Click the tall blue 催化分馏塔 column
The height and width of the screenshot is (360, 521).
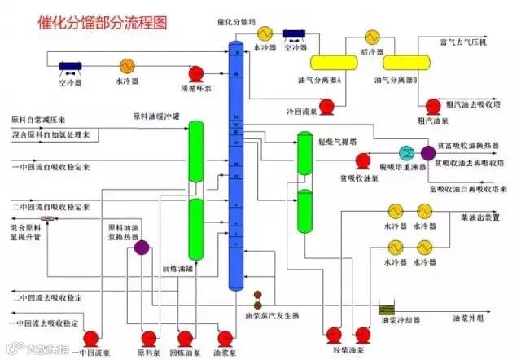(x=236, y=163)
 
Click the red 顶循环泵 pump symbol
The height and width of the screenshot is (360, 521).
(x=195, y=74)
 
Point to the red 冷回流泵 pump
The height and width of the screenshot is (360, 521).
(x=326, y=106)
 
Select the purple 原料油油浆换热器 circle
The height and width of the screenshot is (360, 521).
(x=142, y=247)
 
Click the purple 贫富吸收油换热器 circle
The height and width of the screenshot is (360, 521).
(x=428, y=153)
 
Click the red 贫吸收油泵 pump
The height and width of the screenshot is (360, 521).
(x=364, y=160)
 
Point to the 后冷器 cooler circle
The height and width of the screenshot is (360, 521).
(x=372, y=37)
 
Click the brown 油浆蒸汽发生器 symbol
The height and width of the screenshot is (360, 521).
(x=258, y=298)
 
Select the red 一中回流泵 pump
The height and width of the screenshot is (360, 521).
(x=90, y=337)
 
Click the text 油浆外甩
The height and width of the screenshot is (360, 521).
(x=469, y=318)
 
